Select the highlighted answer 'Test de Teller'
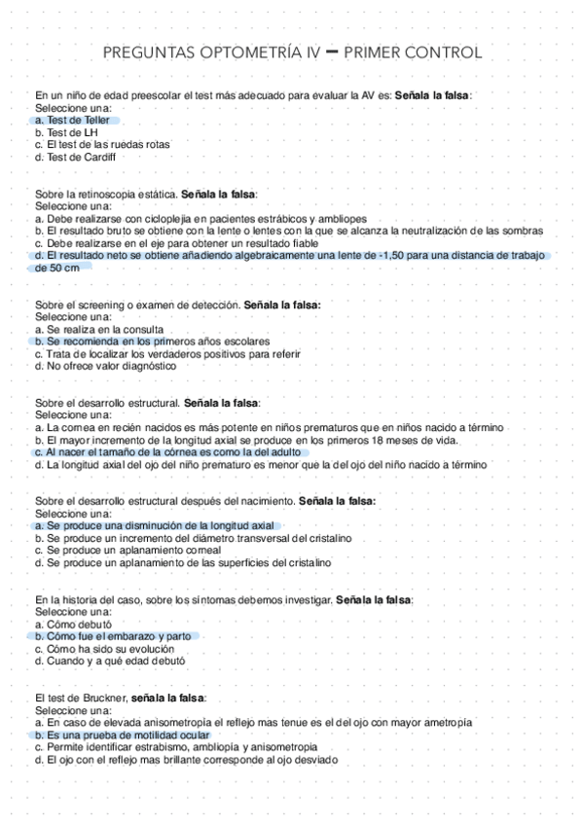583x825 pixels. click(x=78, y=121)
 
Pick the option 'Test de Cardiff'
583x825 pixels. click(x=81, y=157)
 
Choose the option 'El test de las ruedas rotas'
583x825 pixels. click(x=107, y=145)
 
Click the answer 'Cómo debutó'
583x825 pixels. click(x=79, y=624)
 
